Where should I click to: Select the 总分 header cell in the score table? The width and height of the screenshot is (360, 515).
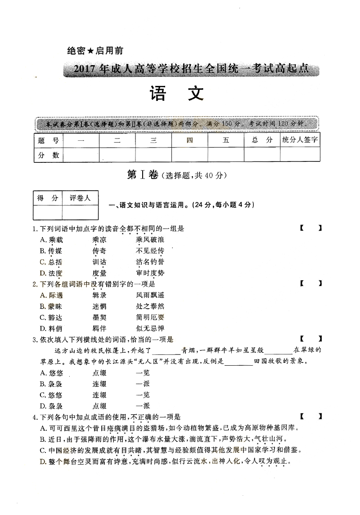[x=262, y=140]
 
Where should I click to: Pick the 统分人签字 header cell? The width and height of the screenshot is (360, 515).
[x=300, y=140]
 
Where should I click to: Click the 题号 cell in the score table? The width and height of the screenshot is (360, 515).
[x=49, y=140]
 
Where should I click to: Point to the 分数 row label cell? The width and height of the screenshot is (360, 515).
[x=49, y=155]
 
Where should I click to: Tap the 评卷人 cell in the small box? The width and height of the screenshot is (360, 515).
[x=80, y=198]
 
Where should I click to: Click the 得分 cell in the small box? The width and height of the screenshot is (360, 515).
[x=48, y=198]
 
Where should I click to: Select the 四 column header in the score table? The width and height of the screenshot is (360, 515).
[x=189, y=140]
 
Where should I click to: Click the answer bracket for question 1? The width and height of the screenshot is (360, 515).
[x=311, y=228]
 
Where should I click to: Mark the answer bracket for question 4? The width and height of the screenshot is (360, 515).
[x=311, y=416]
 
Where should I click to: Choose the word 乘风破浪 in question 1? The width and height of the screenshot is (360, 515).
[x=150, y=240]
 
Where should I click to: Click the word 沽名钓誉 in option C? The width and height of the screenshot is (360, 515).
[x=150, y=262]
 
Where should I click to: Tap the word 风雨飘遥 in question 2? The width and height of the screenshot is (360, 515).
[x=150, y=295]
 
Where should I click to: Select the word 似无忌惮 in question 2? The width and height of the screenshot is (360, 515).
[x=150, y=328]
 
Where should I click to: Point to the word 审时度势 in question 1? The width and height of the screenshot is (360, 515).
[x=150, y=273]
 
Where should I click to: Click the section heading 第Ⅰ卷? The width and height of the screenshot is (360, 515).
[x=139, y=175]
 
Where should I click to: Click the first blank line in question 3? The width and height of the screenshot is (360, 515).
[x=166, y=350]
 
